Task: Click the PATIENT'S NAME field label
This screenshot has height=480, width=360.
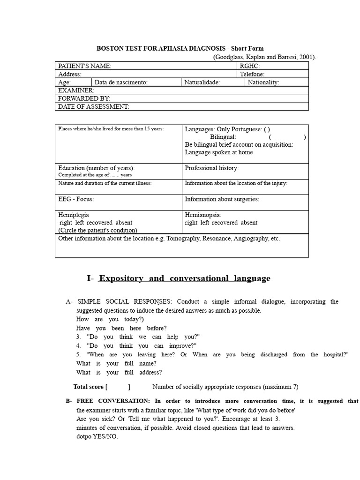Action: point(85,66)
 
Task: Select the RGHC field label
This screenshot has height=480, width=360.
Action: point(250,66)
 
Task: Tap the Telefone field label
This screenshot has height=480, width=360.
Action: point(252,74)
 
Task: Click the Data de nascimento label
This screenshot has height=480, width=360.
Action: point(121,82)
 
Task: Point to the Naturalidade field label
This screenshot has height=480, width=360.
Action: point(202,82)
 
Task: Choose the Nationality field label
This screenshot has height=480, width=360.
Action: point(263,82)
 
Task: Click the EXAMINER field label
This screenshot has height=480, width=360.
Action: point(76,90)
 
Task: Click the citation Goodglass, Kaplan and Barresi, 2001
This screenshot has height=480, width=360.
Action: point(264,57)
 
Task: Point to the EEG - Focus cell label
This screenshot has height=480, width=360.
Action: point(76,199)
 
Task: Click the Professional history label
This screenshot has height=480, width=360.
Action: point(211,168)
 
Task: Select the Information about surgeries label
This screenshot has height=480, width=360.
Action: point(222,199)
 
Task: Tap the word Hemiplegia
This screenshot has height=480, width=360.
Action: point(73,215)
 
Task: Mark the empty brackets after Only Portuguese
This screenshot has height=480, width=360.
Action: point(267,129)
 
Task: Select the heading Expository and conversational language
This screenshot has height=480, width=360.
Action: point(184,278)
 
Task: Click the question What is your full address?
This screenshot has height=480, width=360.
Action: point(119,372)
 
